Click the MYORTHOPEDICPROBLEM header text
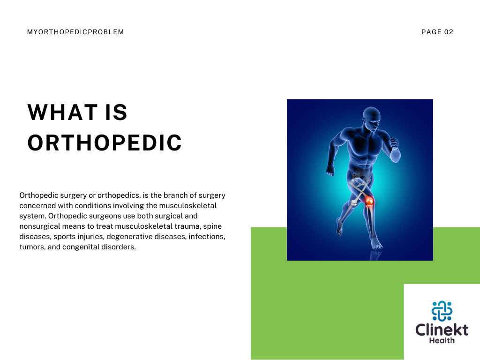pos(75,32)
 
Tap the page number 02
pos(449,32)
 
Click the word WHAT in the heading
pos(62,112)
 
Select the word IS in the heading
pos(116,112)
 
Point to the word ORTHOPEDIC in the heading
pos(105,142)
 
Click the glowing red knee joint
pos(369,202)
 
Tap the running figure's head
pos(371,119)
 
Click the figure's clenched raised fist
pos(394,143)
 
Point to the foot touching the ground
pos(376,244)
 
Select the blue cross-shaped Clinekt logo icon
pos(442,311)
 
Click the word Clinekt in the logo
pos(442,330)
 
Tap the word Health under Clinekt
pos(442,340)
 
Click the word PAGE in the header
pos(432,32)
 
